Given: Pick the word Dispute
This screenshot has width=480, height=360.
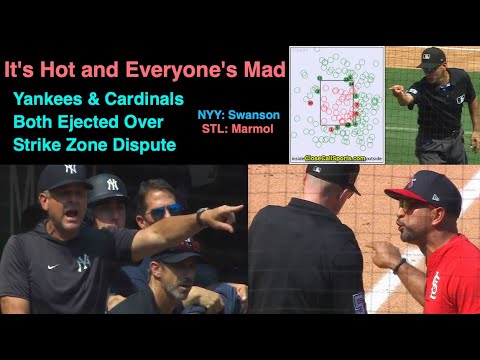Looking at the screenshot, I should [145, 145].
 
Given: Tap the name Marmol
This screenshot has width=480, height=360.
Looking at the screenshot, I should [259, 130].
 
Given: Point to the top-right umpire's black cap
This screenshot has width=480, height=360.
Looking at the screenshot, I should [432, 56].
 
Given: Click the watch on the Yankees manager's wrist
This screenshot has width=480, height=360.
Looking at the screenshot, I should [203, 217].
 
